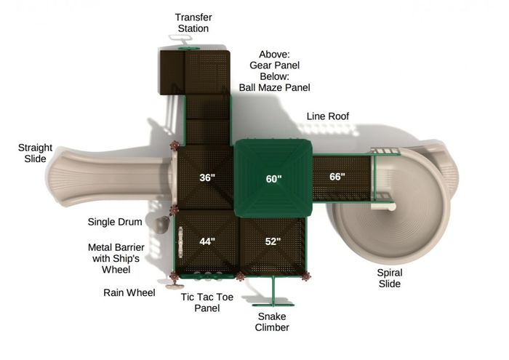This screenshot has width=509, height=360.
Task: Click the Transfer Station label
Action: point(193,23)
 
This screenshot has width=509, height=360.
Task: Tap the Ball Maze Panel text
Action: point(274,87)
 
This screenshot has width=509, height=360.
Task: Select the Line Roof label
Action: point(327,116)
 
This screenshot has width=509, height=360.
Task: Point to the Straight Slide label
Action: point(35,153)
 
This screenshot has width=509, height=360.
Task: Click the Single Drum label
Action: point(115,222)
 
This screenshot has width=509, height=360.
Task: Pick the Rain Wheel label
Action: point(129,292)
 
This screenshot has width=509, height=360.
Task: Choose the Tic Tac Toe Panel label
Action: point(207,303)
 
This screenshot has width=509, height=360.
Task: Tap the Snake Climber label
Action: point(272,321)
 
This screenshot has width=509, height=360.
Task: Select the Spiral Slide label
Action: point(390,279)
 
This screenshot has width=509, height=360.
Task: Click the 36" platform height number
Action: point(207,177)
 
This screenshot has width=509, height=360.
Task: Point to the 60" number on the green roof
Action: point(273,179)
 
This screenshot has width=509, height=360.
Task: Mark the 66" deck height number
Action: point(337,177)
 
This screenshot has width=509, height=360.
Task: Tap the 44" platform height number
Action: point(207,241)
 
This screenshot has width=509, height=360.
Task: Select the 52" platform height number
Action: point(273,241)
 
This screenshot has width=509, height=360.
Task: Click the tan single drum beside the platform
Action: point(161,225)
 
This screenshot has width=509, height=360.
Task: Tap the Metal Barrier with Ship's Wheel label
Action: point(116,258)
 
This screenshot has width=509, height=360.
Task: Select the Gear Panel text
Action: point(274,65)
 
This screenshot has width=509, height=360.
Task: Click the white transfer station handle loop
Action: point(180,39)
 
